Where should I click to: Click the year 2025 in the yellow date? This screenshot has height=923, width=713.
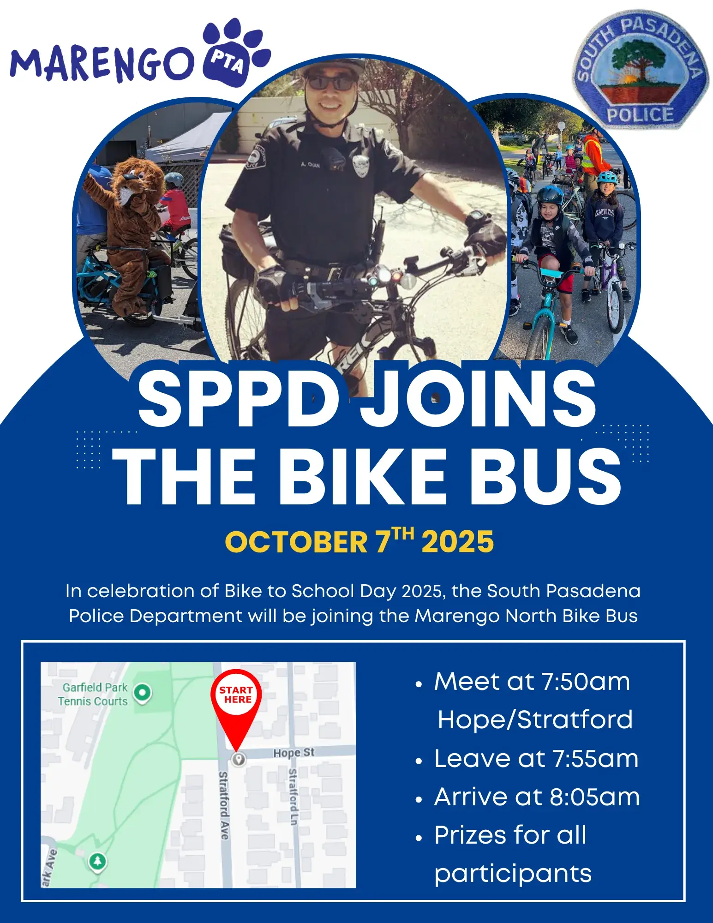pyautogui.click(x=458, y=542)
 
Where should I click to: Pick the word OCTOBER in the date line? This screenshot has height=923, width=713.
pyautogui.click(x=296, y=542)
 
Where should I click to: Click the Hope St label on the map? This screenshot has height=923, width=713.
pyautogui.click(x=294, y=753)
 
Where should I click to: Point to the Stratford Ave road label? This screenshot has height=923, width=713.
pyautogui.click(x=223, y=805)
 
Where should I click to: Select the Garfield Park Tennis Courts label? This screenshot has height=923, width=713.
pyautogui.click(x=94, y=694)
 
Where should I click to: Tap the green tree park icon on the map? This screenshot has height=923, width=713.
pyautogui.click(x=97, y=861)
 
